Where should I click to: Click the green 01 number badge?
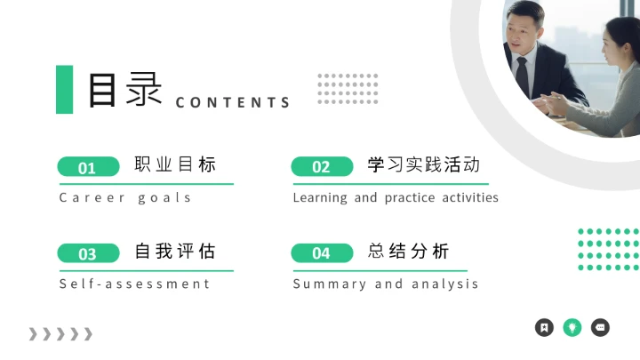click(x=88, y=167)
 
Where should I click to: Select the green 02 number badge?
click(x=322, y=167)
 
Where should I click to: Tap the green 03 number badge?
click(x=88, y=254)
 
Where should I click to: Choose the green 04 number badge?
click(x=322, y=254)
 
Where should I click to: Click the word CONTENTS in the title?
click(x=233, y=102)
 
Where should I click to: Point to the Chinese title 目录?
click(x=124, y=90)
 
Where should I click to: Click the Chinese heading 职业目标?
click(x=175, y=164)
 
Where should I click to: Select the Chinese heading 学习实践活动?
click(x=424, y=164)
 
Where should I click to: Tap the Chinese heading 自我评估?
click(x=175, y=252)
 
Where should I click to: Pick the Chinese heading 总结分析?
click(x=409, y=252)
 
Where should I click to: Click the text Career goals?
click(x=125, y=197)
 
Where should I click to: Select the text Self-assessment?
click(x=134, y=284)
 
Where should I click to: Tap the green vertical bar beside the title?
click(x=64, y=89)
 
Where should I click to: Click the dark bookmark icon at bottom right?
click(x=544, y=327)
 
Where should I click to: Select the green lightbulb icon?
click(x=572, y=327)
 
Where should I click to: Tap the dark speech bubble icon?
click(x=601, y=327)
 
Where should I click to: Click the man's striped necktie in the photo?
click(x=523, y=70)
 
